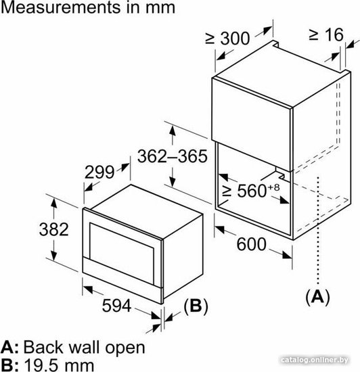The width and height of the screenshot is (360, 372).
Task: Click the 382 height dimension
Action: point(54,229)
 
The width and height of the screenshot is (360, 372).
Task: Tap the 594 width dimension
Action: point(116,306)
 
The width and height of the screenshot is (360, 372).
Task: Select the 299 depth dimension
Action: point(99,172)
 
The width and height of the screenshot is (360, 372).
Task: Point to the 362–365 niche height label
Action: point(173,156)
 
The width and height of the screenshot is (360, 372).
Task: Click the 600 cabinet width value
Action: point(251,244)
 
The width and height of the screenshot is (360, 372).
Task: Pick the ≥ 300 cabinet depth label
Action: point(227,38)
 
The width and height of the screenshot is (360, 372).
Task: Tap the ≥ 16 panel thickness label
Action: point(326,35)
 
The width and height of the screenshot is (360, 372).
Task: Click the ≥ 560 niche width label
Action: point(251,190)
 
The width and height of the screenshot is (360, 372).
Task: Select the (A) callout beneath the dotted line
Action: point(317,296)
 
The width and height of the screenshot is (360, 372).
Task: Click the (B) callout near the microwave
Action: point(196,306)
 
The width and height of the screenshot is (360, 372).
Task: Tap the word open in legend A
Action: point(125,348)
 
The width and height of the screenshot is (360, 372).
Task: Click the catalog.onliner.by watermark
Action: point(314,360)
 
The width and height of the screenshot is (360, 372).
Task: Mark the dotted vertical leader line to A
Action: point(318,230)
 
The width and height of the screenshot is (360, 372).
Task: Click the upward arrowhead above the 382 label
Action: point(54,204)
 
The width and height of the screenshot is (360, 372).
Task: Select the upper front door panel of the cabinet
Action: point(252,123)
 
